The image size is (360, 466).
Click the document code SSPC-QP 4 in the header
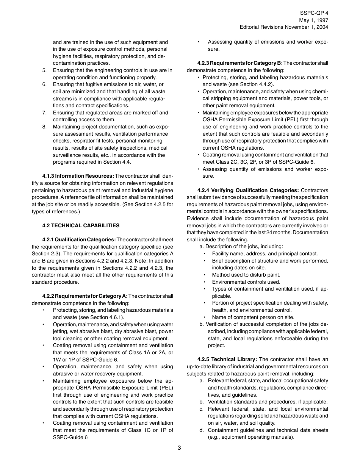pos(314,13)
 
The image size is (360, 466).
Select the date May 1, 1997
pos(314,20)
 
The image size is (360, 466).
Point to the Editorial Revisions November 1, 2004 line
pos(284,27)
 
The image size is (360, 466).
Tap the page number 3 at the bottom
pos(179,448)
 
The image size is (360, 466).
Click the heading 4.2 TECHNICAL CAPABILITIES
pos(81,225)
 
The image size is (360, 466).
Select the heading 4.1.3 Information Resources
pos(78,176)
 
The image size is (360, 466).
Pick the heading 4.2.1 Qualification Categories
pos(79,239)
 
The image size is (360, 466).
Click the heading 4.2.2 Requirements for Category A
pos(85,296)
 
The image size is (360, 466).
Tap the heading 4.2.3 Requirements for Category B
pos(240,63)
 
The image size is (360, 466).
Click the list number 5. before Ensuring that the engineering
pos(44,70)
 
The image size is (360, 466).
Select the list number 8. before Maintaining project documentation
pos(44,127)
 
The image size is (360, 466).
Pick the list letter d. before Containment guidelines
pos(202,430)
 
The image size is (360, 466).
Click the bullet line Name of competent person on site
pos(253,317)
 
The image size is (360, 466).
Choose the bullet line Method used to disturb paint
pos(246,275)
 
